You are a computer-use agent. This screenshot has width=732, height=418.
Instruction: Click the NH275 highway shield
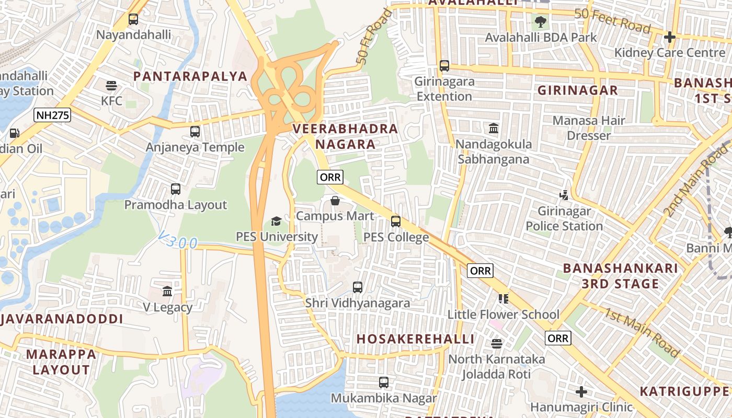(x=52, y=115)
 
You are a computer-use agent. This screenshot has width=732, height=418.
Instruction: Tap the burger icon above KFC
(x=111, y=85)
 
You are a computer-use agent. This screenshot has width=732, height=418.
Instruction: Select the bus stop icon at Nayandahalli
(x=133, y=19)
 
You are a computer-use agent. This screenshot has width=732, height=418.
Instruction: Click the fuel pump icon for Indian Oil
(x=15, y=133)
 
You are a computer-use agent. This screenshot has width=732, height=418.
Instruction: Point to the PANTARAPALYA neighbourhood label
(x=190, y=76)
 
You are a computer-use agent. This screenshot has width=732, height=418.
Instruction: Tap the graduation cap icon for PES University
(x=276, y=222)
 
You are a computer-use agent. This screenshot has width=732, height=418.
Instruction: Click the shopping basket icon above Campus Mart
(x=335, y=201)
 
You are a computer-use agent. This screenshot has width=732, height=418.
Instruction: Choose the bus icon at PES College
(x=396, y=222)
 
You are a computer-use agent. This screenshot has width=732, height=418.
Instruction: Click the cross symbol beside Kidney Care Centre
(x=670, y=37)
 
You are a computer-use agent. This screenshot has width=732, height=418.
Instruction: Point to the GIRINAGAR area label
(x=578, y=90)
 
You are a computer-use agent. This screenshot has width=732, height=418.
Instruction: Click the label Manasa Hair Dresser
(x=589, y=128)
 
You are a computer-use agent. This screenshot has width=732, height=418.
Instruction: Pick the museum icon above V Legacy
(x=167, y=291)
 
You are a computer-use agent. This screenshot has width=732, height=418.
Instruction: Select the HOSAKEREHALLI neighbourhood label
(x=416, y=339)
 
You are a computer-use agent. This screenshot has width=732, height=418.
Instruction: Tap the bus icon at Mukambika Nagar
(x=384, y=382)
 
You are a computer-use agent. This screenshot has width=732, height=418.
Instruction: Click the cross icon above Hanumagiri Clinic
(x=581, y=391)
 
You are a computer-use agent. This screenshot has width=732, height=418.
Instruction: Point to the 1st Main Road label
(x=642, y=332)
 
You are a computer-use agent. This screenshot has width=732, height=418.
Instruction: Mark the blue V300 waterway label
(x=178, y=242)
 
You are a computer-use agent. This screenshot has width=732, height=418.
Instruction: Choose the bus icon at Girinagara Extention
(x=444, y=66)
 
